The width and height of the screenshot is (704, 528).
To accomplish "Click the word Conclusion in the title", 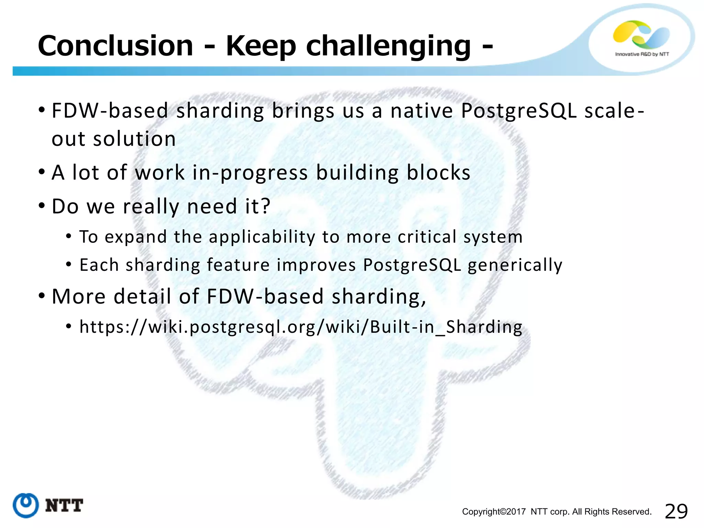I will (x=115, y=46).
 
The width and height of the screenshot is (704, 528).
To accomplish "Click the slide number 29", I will (x=676, y=511).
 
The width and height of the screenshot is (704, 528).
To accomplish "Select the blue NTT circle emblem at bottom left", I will (x=25, y=505).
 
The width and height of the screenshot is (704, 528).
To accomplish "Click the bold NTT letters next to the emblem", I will (x=64, y=506).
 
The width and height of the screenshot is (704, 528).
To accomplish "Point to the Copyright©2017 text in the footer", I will (x=494, y=511).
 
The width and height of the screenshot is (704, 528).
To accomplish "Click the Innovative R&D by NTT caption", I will (x=642, y=54).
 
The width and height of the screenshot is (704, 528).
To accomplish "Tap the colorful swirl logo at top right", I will (x=641, y=34).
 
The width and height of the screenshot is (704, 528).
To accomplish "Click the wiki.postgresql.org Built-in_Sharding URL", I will (x=301, y=327).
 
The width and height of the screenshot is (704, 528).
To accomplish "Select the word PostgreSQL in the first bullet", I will (x=519, y=111).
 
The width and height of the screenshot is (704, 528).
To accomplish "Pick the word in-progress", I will (x=250, y=173).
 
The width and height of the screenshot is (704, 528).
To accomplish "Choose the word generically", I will (x=515, y=265).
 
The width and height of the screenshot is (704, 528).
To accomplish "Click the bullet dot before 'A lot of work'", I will (x=42, y=172).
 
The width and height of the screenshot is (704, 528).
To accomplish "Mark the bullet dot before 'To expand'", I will (x=69, y=236).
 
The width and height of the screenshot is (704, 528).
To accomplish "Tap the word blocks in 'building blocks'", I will (x=438, y=173).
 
